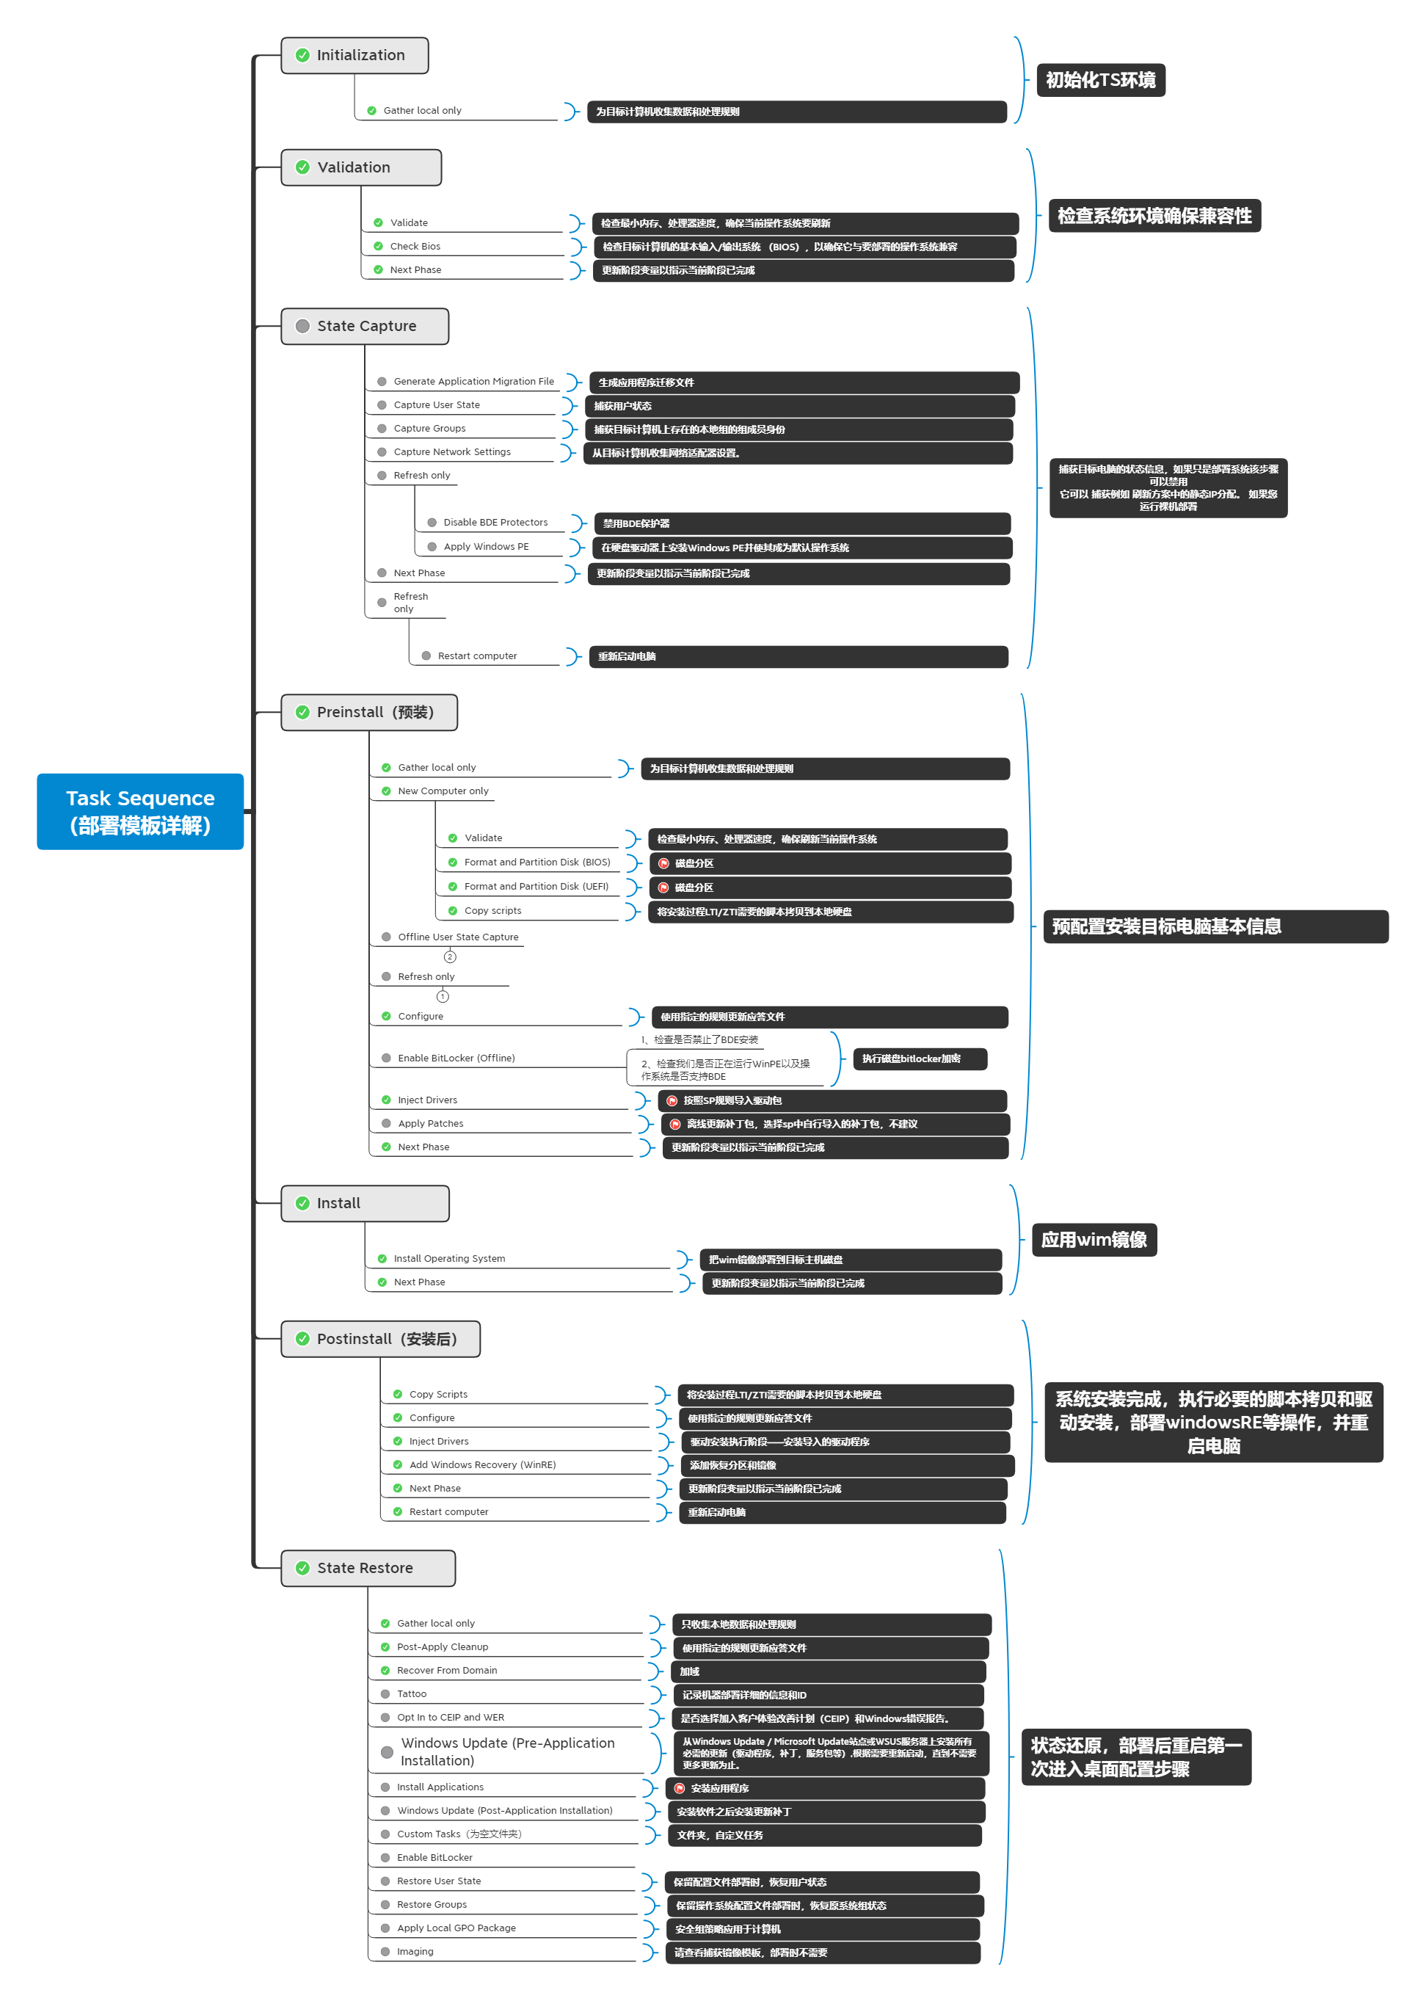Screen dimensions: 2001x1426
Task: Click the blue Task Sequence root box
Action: [x=139, y=811]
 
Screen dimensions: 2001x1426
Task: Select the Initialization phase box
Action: [x=354, y=55]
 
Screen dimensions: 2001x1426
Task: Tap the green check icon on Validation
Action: [x=303, y=167]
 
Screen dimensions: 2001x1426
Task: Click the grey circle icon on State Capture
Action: [x=303, y=327]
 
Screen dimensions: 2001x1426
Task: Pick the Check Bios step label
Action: [x=415, y=247]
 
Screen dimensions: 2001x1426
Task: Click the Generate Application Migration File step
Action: [x=473, y=382]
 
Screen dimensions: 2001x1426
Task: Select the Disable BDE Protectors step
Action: [x=495, y=523]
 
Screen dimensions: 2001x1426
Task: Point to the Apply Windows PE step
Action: [x=486, y=547]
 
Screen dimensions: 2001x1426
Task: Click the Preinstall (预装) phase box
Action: [x=368, y=712]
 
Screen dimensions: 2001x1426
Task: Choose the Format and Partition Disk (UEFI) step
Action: [x=536, y=887]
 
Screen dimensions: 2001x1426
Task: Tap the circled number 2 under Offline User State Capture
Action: [x=450, y=957]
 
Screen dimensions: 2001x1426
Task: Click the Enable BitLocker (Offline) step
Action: [x=456, y=1058]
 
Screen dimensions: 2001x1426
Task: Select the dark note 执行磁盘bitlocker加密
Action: [x=920, y=1059]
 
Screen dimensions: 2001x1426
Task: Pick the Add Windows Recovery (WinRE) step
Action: [x=482, y=1464]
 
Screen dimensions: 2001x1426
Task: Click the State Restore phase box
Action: [x=367, y=1568]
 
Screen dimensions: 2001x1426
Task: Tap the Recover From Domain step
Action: [x=446, y=1671]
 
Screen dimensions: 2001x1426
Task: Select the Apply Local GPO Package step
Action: [x=456, y=1928]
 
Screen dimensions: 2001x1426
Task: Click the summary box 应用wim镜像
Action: [x=1094, y=1240]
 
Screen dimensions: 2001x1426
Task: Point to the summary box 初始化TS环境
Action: [x=1100, y=81]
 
